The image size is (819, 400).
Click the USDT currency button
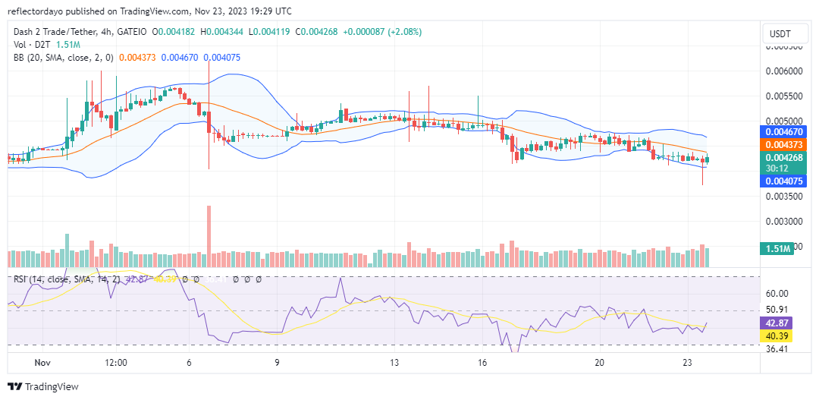pos(781,34)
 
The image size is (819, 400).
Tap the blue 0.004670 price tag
pos(784,131)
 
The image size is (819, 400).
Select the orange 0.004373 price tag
pos(784,144)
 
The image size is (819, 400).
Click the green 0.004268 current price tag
pos(784,158)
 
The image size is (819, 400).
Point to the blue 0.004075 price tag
pos(784,181)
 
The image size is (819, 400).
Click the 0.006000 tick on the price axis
pos(784,71)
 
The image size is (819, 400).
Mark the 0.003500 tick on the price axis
pos(784,197)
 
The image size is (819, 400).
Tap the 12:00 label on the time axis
pos(115,363)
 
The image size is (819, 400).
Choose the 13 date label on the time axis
pos(394,363)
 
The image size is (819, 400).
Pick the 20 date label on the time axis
pos(600,363)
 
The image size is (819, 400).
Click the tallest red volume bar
pos(209,236)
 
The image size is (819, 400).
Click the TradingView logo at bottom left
pos(42,386)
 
